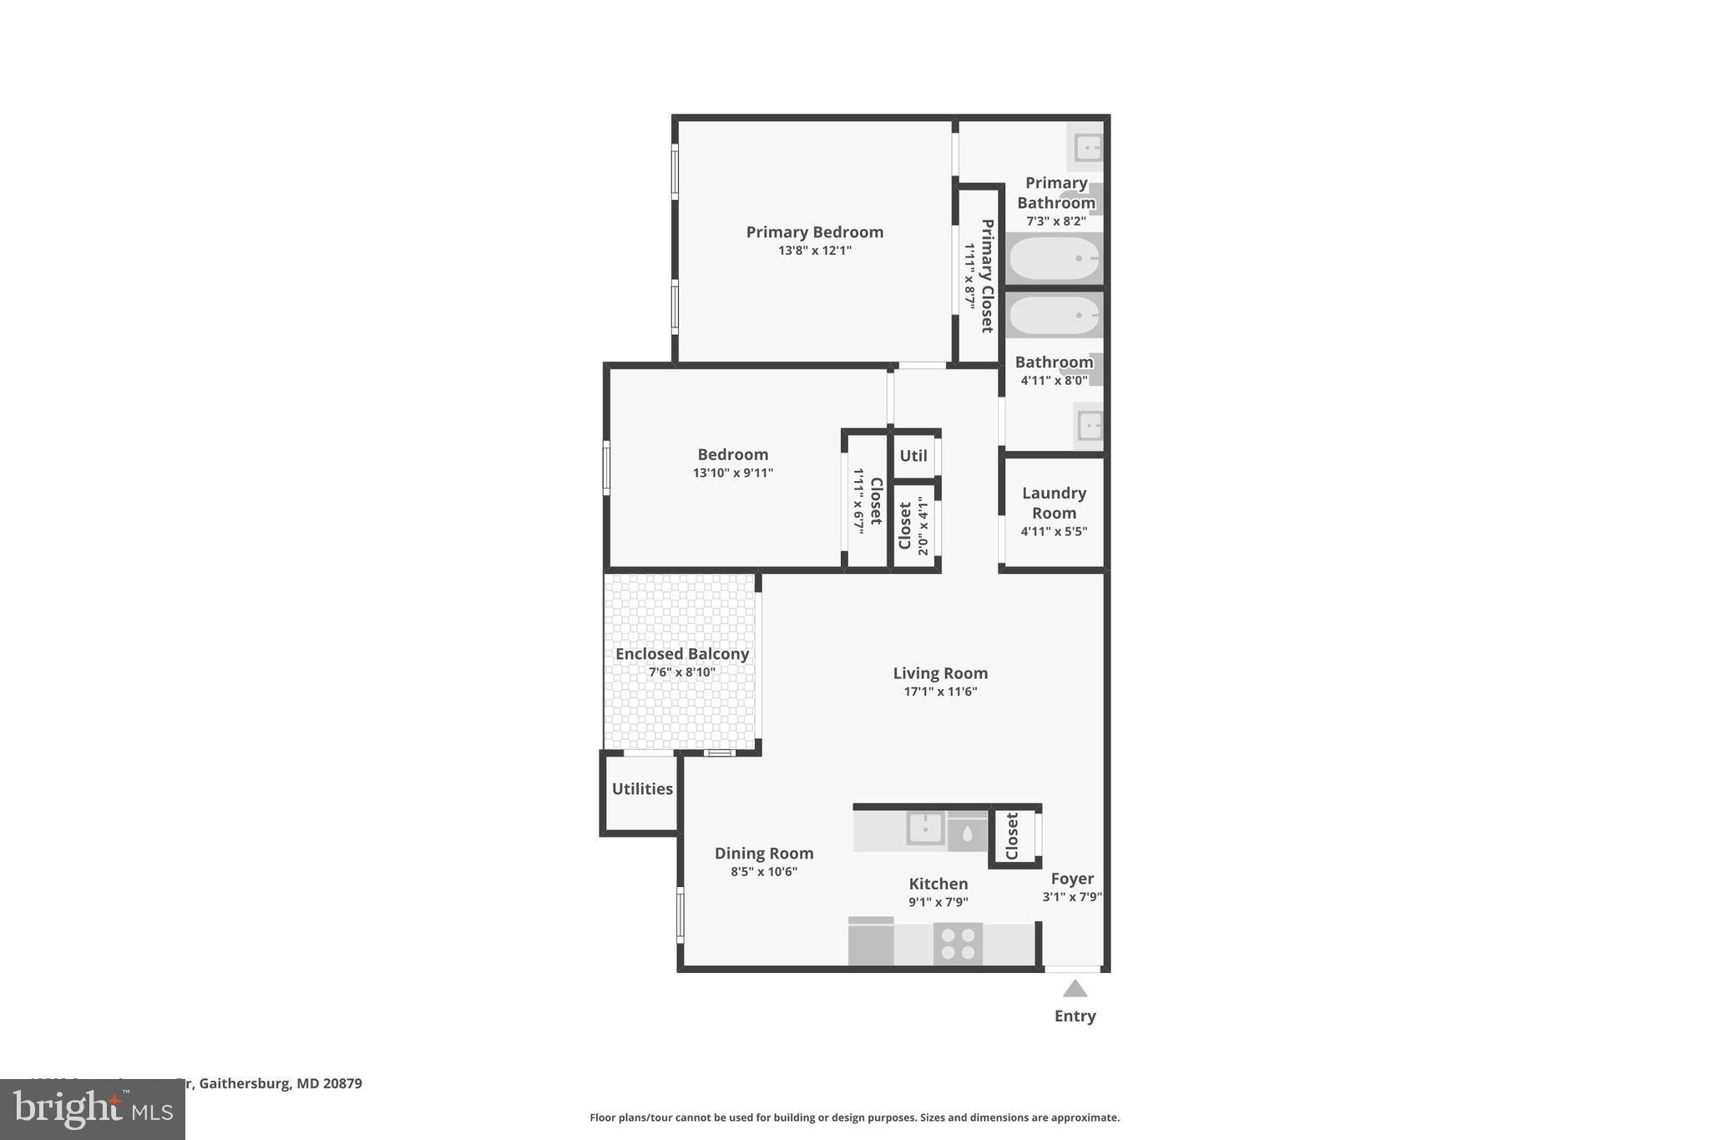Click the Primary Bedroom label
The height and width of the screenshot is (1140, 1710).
click(x=814, y=232)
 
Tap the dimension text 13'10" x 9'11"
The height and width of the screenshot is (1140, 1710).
click(x=732, y=473)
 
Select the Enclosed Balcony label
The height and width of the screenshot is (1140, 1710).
click(x=681, y=654)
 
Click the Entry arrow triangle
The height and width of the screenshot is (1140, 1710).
click(x=1075, y=989)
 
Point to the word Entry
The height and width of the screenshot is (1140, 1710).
click(x=1075, y=1016)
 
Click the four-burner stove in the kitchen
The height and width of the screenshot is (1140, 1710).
click(x=958, y=944)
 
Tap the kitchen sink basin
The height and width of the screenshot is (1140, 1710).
click(x=925, y=828)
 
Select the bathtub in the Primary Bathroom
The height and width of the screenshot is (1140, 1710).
click(x=1054, y=259)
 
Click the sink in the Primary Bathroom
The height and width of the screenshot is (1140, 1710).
click(x=1088, y=149)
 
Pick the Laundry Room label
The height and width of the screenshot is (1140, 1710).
click(x=1054, y=503)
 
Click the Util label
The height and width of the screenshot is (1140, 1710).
click(x=913, y=455)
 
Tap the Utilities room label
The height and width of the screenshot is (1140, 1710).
click(x=642, y=788)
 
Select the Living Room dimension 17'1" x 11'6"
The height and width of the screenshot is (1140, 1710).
click(x=940, y=692)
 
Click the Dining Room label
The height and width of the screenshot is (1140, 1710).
click(x=763, y=853)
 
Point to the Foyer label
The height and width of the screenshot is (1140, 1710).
click(x=1072, y=879)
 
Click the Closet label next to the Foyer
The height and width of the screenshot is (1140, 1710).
click(x=1012, y=836)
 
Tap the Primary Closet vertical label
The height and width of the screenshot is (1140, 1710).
click(x=987, y=276)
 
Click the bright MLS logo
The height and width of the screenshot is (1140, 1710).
click(x=92, y=1109)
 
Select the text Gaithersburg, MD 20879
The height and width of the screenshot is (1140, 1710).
click(x=281, y=1083)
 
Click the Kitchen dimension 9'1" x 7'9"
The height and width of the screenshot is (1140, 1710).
click(x=938, y=902)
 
